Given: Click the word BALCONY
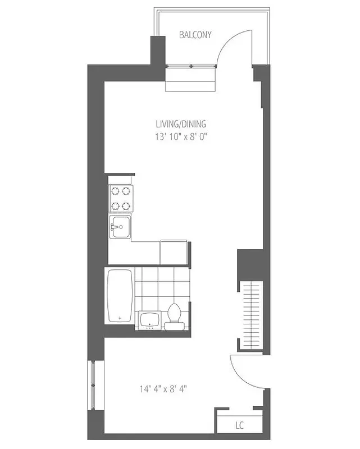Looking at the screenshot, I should click(x=195, y=35).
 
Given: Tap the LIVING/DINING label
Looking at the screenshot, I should click(x=177, y=123).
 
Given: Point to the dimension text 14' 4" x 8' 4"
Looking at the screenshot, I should click(x=163, y=388).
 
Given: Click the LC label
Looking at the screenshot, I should click(x=239, y=425).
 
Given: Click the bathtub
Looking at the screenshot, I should click(x=120, y=296).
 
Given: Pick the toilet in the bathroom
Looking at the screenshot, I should click(x=174, y=315).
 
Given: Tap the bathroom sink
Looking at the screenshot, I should click(x=149, y=320).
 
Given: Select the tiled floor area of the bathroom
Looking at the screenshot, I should click(x=160, y=286).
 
